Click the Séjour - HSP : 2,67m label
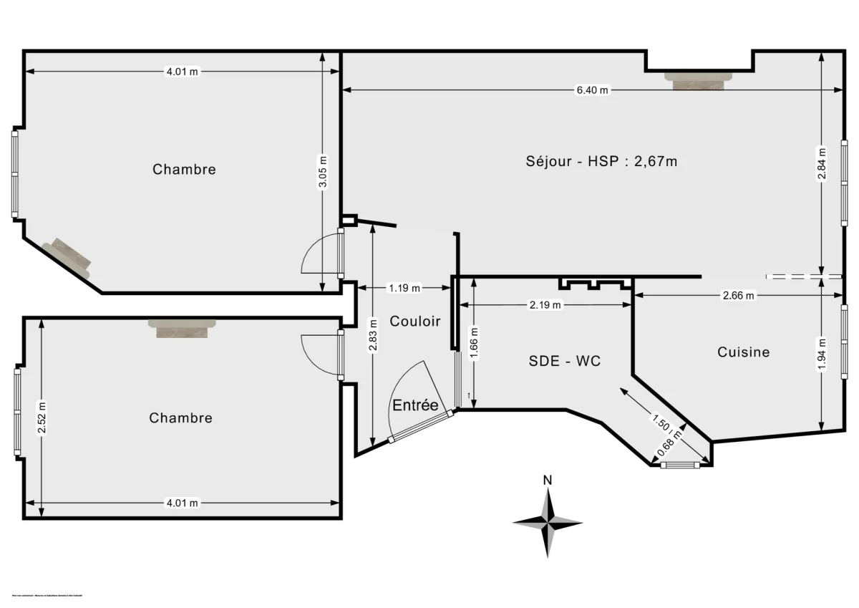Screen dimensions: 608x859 click(x=601, y=161)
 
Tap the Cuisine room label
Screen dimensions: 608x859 click(x=743, y=352)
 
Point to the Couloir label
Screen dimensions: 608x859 click(x=414, y=322)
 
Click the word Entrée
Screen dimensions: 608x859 click(x=414, y=405)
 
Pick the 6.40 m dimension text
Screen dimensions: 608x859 click(x=592, y=90)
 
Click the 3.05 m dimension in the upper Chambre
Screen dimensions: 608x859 click(x=322, y=172)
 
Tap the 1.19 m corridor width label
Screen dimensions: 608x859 click(x=404, y=288)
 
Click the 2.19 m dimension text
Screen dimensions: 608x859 click(x=545, y=305)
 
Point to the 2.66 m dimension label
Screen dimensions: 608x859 click(x=738, y=295)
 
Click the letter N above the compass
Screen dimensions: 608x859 click(x=547, y=480)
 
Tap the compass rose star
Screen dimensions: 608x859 click(x=548, y=523)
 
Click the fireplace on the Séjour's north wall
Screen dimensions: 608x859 click(x=699, y=79)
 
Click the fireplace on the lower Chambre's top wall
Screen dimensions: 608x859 click(x=183, y=327)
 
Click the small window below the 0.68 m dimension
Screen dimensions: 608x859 click(x=679, y=465)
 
